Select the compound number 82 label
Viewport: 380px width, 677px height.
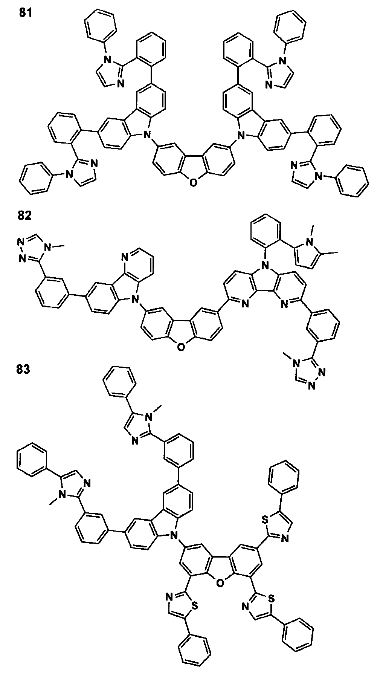pyautogui.click(x=25, y=215)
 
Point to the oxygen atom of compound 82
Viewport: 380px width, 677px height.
pyautogui.click(x=181, y=347)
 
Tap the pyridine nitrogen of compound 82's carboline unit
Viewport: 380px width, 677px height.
pyautogui.click(x=125, y=258)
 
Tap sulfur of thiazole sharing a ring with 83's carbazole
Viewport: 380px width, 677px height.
pyautogui.click(x=194, y=605)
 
